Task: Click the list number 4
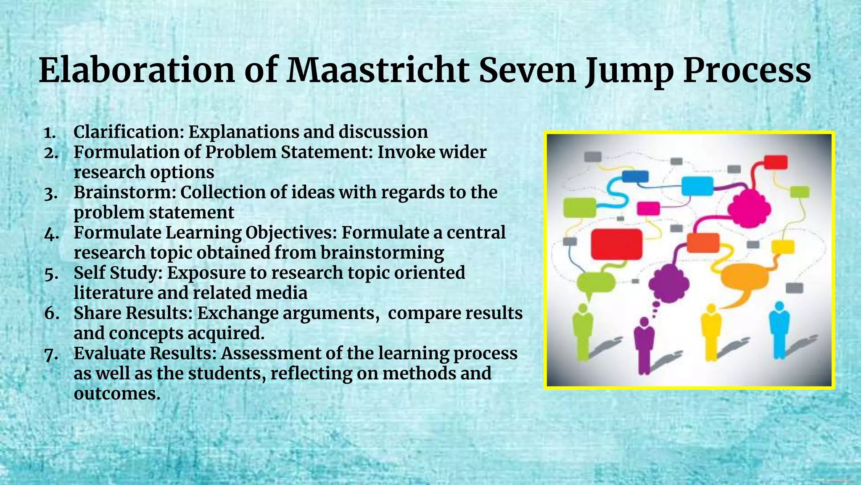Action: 51,234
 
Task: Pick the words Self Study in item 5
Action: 118,273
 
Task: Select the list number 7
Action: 51,354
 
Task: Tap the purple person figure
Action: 644,345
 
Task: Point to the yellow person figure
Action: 711,333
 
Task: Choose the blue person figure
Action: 779,330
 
